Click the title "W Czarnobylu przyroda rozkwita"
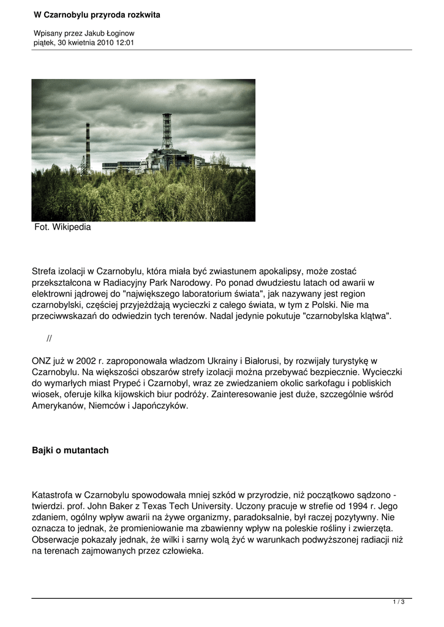pyautogui.click(x=97, y=15)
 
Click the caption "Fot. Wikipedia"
pyautogui.click(x=62, y=227)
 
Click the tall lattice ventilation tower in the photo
pyautogui.click(x=167, y=132)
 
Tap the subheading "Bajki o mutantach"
pyautogui.click(x=70, y=451)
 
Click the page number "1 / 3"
pyautogui.click(x=399, y=603)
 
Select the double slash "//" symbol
pyautogui.click(x=50, y=339)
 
